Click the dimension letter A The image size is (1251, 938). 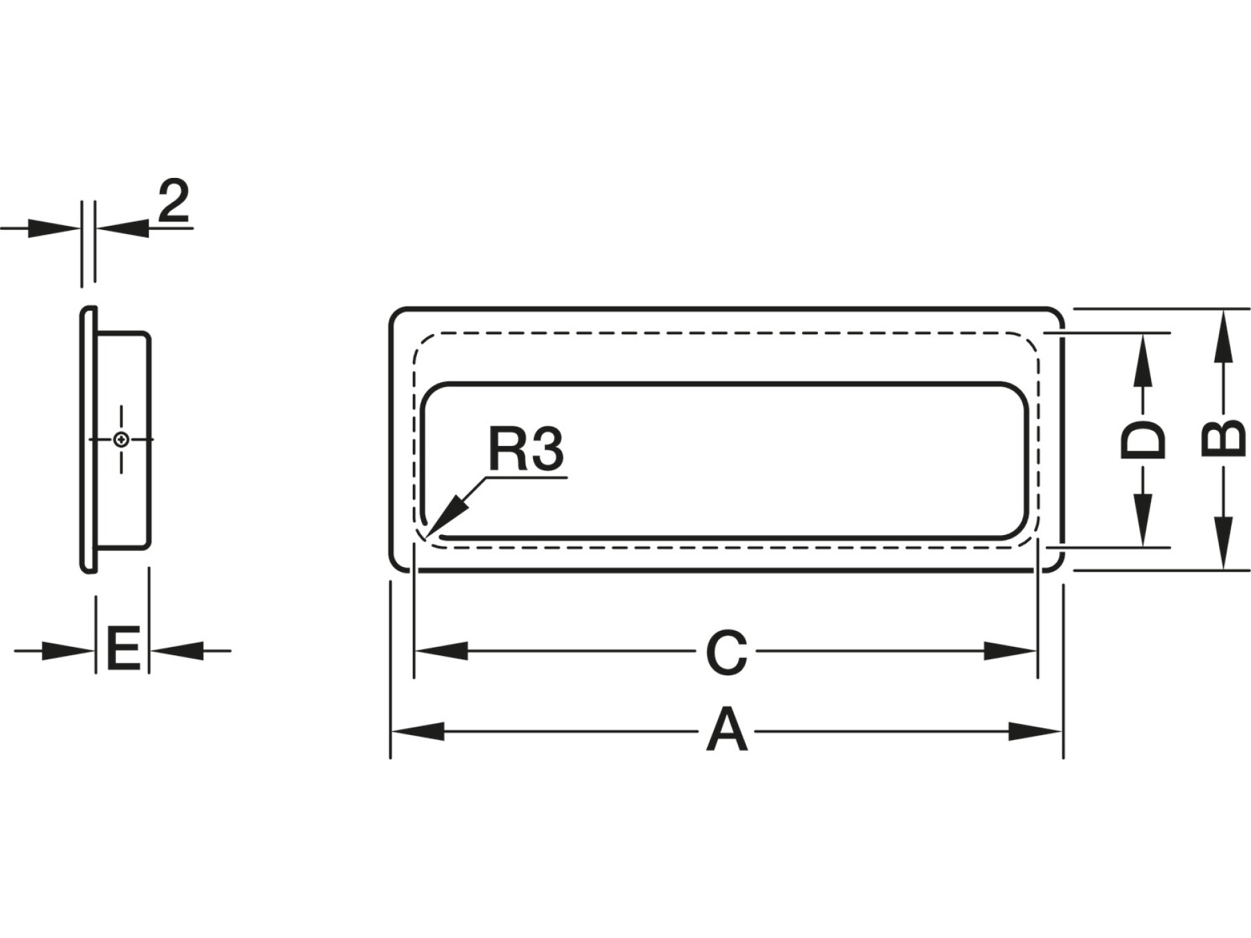(727, 730)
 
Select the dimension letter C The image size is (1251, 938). (726, 653)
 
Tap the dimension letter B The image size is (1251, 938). (1223, 438)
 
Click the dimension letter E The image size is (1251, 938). (123, 649)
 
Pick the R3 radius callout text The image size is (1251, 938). (525, 449)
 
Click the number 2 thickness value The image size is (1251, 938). (174, 201)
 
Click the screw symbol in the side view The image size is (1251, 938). (122, 439)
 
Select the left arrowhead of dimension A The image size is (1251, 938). (417, 731)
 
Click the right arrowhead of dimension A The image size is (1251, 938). (1037, 731)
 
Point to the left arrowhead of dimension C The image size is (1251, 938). (441, 652)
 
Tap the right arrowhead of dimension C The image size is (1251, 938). (1011, 652)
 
